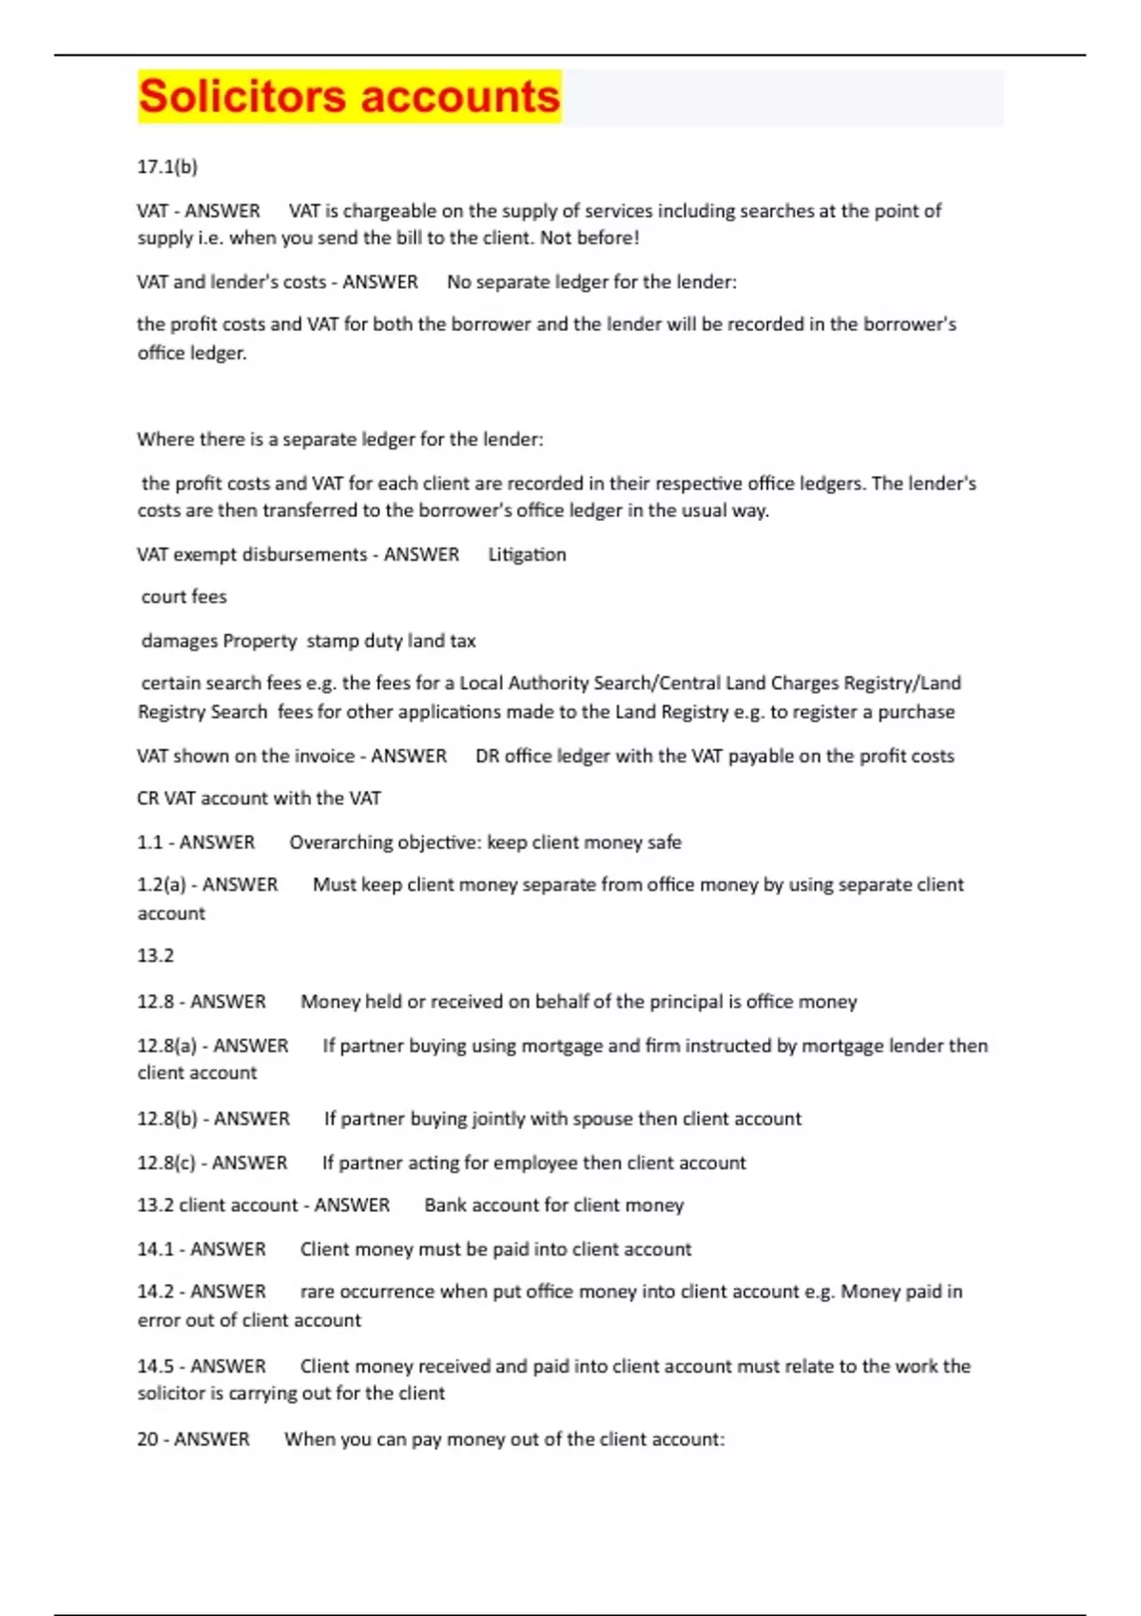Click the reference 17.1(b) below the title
coord(167,166)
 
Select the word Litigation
coord(527,554)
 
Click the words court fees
coord(184,596)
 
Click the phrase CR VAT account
coord(203,798)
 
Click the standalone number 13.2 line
coord(155,954)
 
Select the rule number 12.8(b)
coord(167,1118)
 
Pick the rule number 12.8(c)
coord(166,1162)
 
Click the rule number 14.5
coord(155,1365)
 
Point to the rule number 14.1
coord(155,1248)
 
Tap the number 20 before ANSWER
coord(147,1438)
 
